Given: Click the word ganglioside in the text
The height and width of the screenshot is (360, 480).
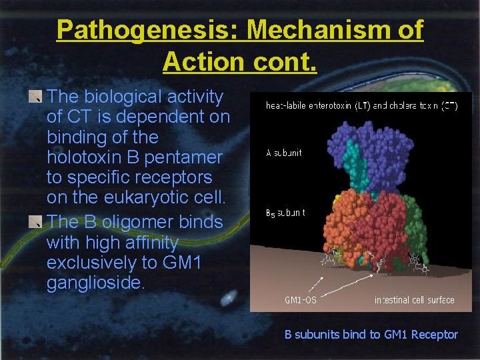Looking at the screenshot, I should [94, 283].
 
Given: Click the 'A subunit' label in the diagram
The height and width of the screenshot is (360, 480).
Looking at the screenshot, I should [283, 153].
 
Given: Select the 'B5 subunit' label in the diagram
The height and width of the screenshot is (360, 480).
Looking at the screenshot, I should [285, 213].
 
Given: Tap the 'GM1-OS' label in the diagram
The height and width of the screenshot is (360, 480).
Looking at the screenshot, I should [300, 300].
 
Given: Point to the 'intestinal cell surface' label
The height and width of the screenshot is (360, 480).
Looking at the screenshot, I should [414, 300].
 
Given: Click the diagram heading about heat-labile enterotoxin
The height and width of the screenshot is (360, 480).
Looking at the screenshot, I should [361, 105].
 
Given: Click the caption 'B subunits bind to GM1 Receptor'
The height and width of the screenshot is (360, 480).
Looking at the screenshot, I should [371, 335].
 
